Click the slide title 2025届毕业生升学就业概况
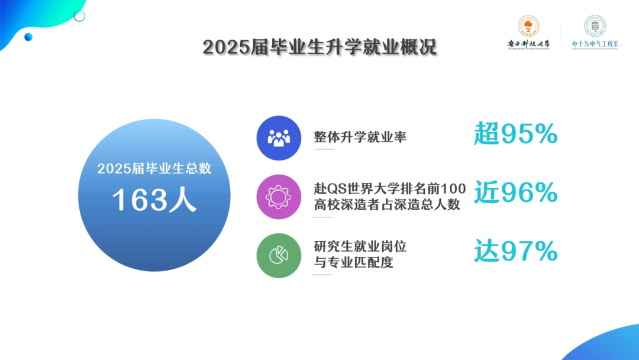[x=319, y=47]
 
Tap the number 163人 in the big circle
[x=154, y=200]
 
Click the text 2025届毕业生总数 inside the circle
[x=154, y=168]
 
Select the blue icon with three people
[x=279, y=138]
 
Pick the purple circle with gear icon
[x=279, y=197]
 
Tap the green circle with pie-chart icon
[x=279, y=255]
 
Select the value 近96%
[x=515, y=193]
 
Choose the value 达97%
[x=515, y=252]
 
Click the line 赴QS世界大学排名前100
[x=390, y=189]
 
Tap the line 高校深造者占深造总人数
[x=387, y=205]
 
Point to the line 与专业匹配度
[x=353, y=262]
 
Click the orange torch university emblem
[x=528, y=27]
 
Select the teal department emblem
[x=595, y=26]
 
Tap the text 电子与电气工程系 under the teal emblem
[x=595, y=44]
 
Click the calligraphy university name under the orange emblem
[x=528, y=43]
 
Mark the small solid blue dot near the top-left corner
[x=28, y=37]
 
